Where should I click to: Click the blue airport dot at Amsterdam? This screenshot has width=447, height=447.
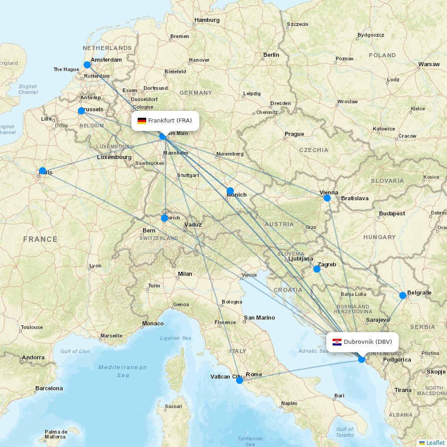click(x=87, y=65)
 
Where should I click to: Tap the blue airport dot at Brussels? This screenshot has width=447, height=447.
click(x=81, y=111)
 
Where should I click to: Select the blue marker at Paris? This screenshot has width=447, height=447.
click(x=42, y=171)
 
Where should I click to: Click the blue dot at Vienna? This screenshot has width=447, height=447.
click(x=327, y=198)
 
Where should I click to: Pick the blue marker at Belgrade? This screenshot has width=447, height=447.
click(x=403, y=295)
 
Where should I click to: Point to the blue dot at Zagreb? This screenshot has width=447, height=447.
click(x=317, y=269)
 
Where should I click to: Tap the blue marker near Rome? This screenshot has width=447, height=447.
click(x=240, y=380)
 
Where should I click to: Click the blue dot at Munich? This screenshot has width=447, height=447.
click(x=230, y=191)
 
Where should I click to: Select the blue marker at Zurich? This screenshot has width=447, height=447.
click(x=164, y=218)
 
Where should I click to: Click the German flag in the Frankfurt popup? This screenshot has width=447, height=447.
click(x=142, y=121)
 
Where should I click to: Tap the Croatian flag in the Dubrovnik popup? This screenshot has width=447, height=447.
click(x=337, y=342)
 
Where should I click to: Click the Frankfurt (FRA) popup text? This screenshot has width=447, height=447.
click(x=170, y=121)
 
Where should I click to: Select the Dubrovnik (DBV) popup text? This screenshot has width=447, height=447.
click(x=367, y=342)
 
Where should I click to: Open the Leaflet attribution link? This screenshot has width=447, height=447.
click(x=435, y=443)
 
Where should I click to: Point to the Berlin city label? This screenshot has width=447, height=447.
click(x=271, y=55)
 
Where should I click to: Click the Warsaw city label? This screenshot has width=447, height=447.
click(x=429, y=64)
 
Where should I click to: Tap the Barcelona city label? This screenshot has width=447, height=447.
click(x=49, y=388)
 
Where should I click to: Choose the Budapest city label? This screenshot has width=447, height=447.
click(x=392, y=214)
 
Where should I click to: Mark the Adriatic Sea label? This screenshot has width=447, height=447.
click(x=313, y=351)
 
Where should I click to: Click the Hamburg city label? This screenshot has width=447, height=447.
click(x=207, y=20)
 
